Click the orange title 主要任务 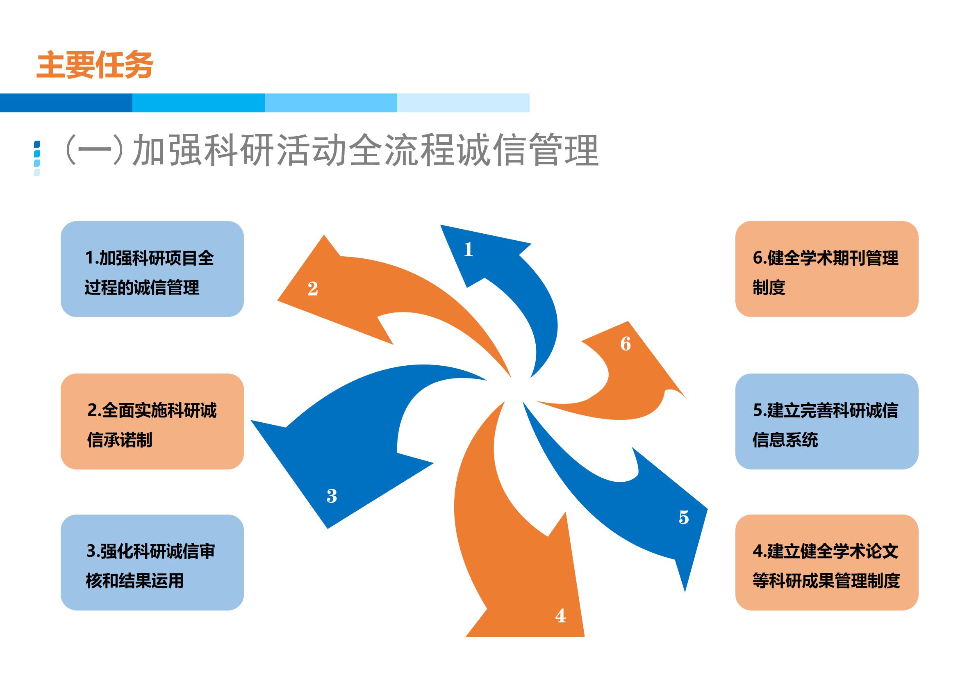95,65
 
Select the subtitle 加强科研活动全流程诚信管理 365,150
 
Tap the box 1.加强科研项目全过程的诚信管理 152,269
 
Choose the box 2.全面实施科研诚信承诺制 152,421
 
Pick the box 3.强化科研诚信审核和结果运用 152,563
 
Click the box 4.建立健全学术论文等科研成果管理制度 827,563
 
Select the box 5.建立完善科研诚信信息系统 827,421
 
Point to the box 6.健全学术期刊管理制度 827,269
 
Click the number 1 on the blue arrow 469,249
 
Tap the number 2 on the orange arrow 313,289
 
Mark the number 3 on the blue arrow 332,496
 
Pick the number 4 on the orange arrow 561,616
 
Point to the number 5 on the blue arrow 684,517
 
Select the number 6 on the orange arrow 626,344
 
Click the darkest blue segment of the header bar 66,103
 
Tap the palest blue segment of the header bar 463,103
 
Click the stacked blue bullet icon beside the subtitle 37,158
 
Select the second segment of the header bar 198,103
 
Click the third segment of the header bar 331,103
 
